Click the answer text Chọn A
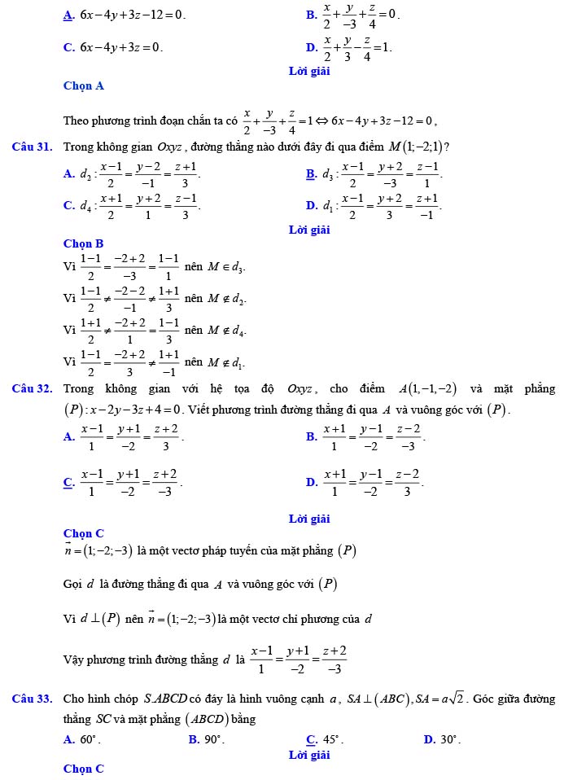point(84,85)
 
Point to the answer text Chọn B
point(84,243)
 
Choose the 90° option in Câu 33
point(214,739)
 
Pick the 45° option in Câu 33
point(333,739)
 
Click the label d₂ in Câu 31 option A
point(86,174)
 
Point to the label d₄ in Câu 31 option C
point(86,206)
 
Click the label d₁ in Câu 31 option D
point(329,206)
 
